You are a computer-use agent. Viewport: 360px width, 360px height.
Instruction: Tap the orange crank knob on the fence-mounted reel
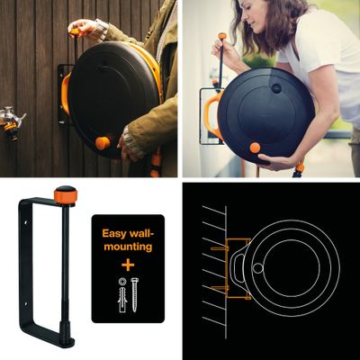pyautogui.click(x=103, y=143)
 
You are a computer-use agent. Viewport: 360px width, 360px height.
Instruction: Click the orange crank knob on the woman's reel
pyautogui.click(x=255, y=148)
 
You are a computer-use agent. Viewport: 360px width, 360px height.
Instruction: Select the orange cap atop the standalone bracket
pyautogui.click(x=66, y=194)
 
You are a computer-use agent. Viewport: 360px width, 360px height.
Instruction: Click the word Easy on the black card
pyautogui.click(x=114, y=233)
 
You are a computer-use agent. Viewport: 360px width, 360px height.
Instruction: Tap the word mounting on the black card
pyautogui.click(x=128, y=247)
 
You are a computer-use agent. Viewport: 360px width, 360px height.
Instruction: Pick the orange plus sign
pyautogui.click(x=128, y=265)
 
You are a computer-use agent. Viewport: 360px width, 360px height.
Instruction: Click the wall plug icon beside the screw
pyautogui.click(x=122, y=295)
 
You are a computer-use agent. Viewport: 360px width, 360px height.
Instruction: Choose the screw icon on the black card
pyautogui.click(x=134, y=294)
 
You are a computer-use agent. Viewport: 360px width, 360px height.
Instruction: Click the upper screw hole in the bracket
pyautogui.click(x=25, y=223)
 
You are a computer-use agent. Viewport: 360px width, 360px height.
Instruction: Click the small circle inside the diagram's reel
pyautogui.click(x=257, y=268)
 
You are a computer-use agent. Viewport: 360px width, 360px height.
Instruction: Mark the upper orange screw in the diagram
pyautogui.click(x=220, y=248)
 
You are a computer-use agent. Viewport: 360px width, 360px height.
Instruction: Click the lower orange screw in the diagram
pyautogui.click(x=220, y=288)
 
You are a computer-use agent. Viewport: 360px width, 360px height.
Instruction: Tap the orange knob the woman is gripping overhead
pyautogui.click(x=222, y=36)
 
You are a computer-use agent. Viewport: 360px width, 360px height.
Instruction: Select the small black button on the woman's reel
pyautogui.click(x=276, y=88)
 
